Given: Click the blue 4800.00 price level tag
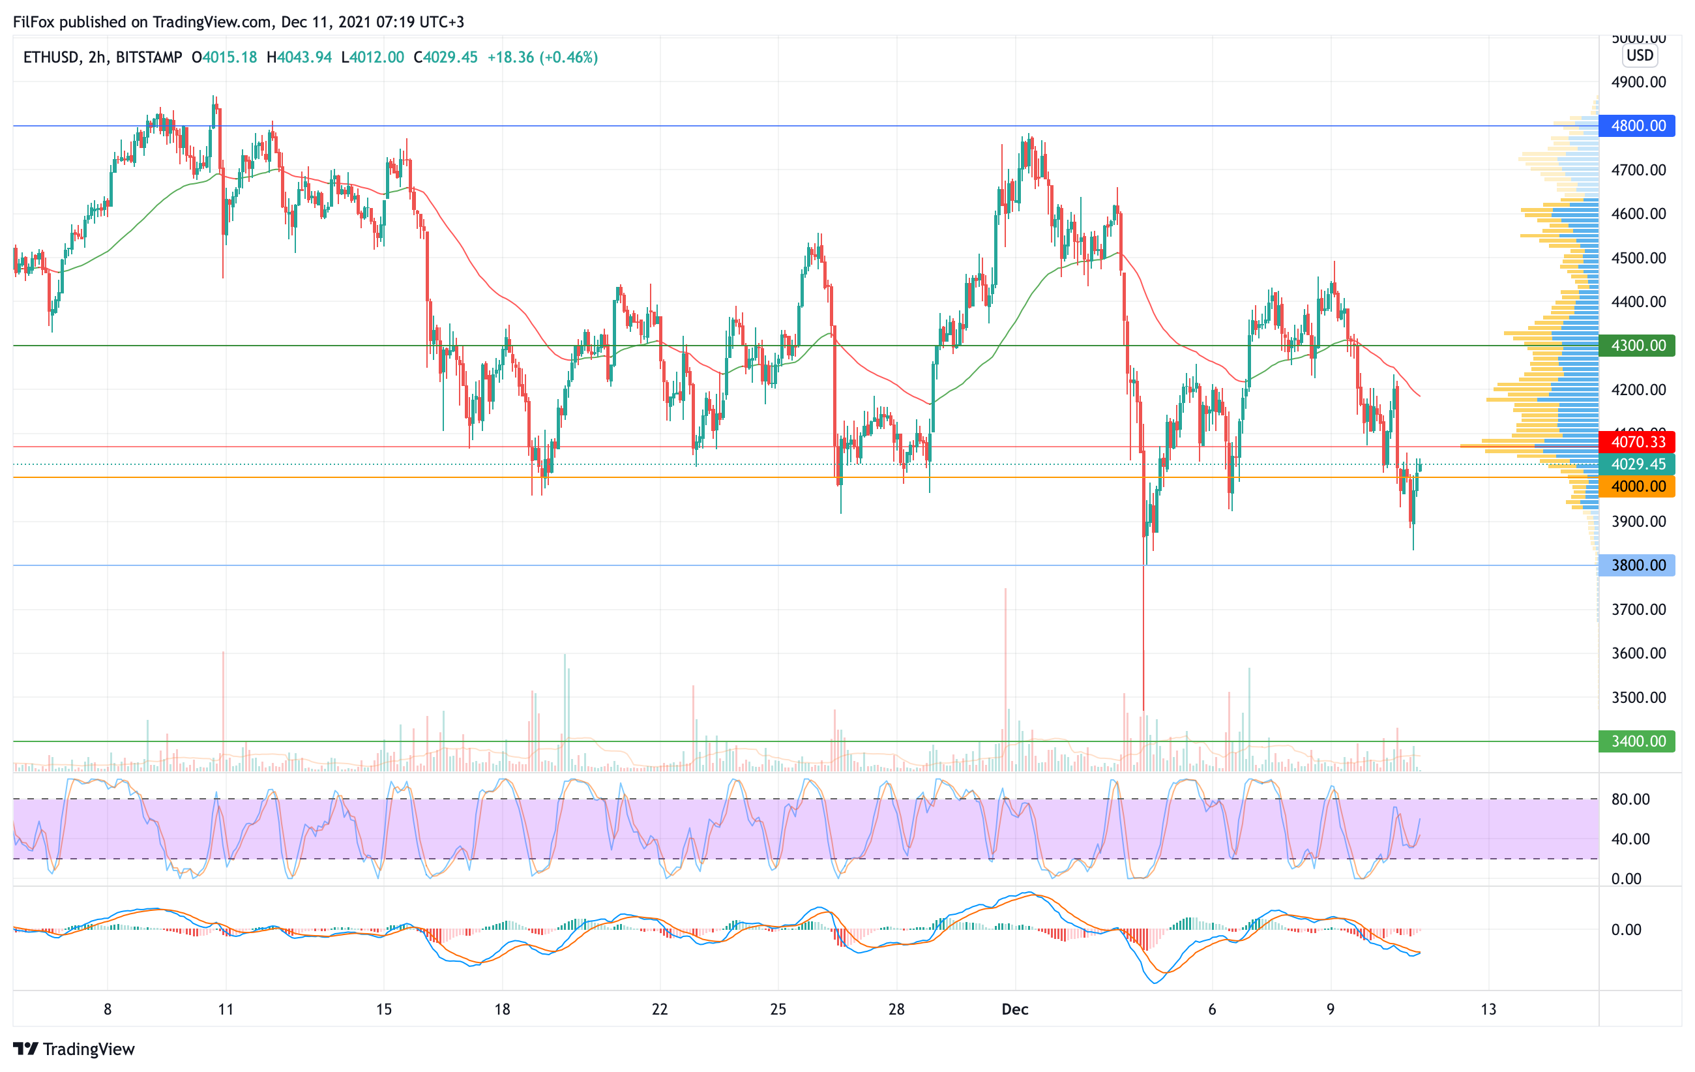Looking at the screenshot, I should point(1637,126).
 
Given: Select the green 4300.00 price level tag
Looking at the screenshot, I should point(1637,346).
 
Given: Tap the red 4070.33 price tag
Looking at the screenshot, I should point(1637,442).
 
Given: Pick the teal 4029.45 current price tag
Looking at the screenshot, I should point(1637,464).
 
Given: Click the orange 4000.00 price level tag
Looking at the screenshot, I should point(1637,486).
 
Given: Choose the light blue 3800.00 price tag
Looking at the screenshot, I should point(1637,565).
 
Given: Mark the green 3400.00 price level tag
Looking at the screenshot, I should point(1637,741).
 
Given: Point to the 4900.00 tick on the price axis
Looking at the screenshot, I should point(1639,82).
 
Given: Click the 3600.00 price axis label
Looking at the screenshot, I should point(1639,653).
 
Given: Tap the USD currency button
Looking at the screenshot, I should point(1640,55).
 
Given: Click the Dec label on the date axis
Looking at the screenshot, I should point(1014,1009).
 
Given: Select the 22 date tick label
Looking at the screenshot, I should point(660,1009).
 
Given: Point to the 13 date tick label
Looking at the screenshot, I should point(1488,1009).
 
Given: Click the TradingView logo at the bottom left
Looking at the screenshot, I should point(74,1049).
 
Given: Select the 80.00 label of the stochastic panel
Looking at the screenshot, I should point(1630,799).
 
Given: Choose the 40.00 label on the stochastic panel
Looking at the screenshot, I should point(1630,839).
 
